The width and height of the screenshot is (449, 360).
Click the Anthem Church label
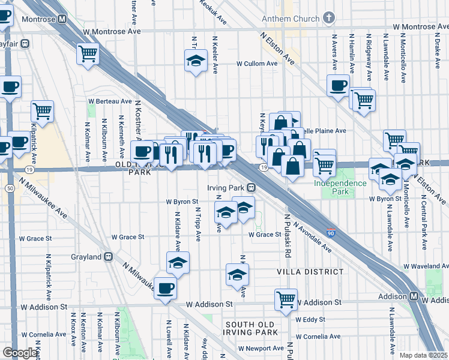290,19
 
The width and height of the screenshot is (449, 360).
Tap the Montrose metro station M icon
62,19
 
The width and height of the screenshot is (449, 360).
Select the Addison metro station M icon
414,297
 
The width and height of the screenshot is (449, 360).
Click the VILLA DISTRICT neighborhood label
310,272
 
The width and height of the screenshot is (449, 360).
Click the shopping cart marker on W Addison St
286,299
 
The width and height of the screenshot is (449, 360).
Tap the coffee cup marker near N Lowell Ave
166,288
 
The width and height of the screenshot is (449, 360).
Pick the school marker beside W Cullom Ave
195,61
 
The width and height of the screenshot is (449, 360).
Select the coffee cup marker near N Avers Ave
339,85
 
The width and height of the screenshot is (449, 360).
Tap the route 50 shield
10,188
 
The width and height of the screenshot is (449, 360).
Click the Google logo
20,352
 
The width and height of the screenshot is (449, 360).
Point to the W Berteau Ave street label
110,101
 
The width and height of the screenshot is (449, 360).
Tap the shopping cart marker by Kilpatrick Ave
42,110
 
